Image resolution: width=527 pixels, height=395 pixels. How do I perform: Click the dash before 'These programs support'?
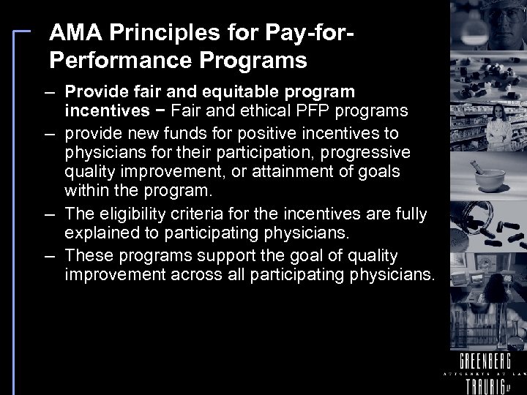[51, 256]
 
